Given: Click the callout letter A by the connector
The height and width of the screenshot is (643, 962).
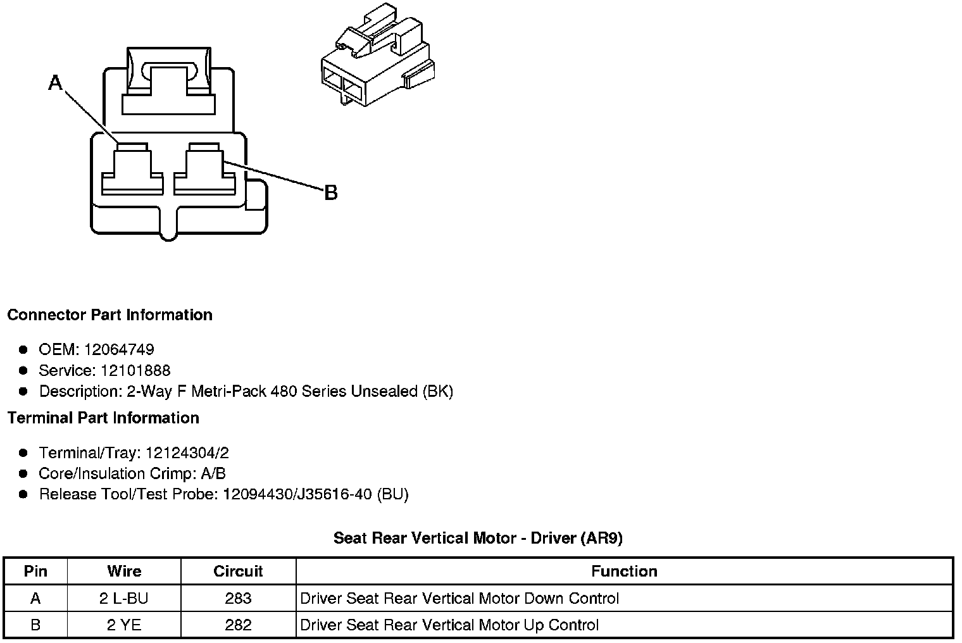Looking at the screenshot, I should click(56, 82).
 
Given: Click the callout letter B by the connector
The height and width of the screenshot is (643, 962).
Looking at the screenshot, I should click(330, 192).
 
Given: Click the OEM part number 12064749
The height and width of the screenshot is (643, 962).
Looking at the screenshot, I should click(119, 349).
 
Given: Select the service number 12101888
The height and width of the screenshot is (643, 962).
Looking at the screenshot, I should click(135, 370).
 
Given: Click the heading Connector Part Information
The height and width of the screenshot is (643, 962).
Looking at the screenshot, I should click(109, 315).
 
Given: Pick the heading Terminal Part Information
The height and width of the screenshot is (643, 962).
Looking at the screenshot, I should click(103, 418).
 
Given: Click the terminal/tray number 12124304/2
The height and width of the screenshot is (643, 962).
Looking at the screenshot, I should click(187, 453).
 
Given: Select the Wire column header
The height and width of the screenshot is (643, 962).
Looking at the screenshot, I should click(124, 571).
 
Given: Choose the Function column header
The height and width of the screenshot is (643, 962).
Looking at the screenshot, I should click(624, 571).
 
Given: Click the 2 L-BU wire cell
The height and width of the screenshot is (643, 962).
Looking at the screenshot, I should click(124, 599).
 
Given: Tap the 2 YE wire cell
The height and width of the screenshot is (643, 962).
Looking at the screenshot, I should click(124, 625).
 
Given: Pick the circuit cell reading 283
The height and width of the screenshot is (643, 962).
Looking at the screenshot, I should click(238, 599).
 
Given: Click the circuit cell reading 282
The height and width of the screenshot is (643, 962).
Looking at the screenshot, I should click(238, 625).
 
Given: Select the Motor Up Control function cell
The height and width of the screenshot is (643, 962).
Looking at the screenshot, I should click(449, 625).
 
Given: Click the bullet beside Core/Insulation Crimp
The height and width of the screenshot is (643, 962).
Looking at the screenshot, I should click(23, 474).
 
